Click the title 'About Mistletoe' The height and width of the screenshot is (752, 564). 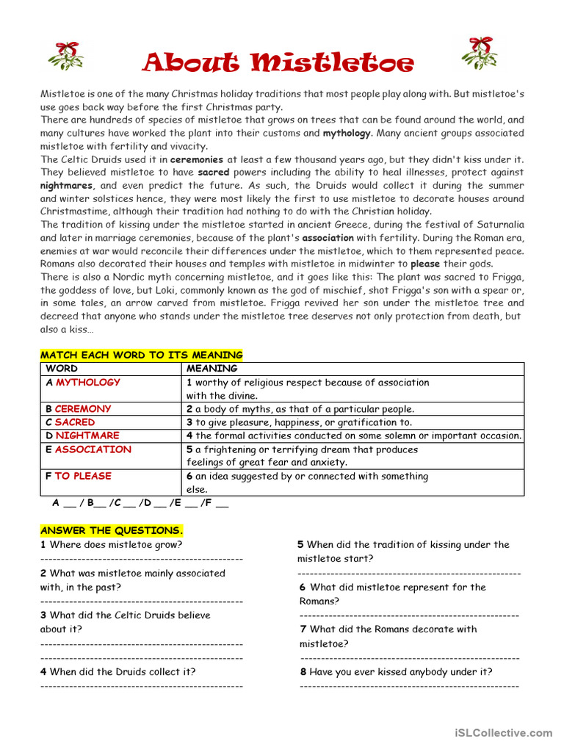[278, 62]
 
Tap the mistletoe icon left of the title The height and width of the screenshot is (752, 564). [66, 56]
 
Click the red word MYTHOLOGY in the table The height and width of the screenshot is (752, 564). [87, 383]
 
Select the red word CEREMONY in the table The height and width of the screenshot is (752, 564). [83, 409]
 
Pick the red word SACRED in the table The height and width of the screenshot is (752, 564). [75, 422]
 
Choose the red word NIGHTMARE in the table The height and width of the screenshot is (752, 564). [87, 435]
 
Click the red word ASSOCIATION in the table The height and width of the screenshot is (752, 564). [93, 449]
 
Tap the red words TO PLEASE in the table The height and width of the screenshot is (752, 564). [83, 476]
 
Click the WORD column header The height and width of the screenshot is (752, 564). [62, 369]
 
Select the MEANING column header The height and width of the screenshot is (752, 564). [211, 369]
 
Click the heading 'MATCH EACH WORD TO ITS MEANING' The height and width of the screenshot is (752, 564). [141, 355]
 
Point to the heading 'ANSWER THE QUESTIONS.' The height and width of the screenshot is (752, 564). [112, 530]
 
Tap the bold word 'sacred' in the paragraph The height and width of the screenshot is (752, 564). [214, 173]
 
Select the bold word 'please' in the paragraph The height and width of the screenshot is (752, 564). [425, 264]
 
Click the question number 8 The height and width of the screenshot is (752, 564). [303, 672]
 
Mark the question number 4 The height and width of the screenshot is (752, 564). [43, 672]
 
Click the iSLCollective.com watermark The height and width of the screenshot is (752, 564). [503, 733]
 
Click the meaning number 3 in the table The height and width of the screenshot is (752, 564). [189, 422]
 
